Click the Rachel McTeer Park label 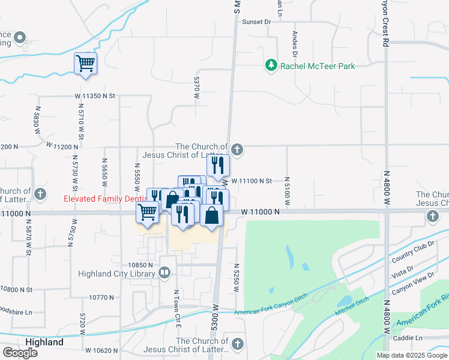click(318, 66)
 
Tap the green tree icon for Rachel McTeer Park click(271, 65)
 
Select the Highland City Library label click(117, 274)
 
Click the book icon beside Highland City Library click(164, 274)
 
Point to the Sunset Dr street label click(257, 22)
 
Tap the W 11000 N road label click(261, 212)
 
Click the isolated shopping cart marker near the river click(85, 63)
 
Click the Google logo click(19, 352)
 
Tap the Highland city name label click(44, 342)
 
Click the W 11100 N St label click(252, 181)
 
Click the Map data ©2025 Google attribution click(411, 355)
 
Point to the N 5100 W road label click(287, 191)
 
